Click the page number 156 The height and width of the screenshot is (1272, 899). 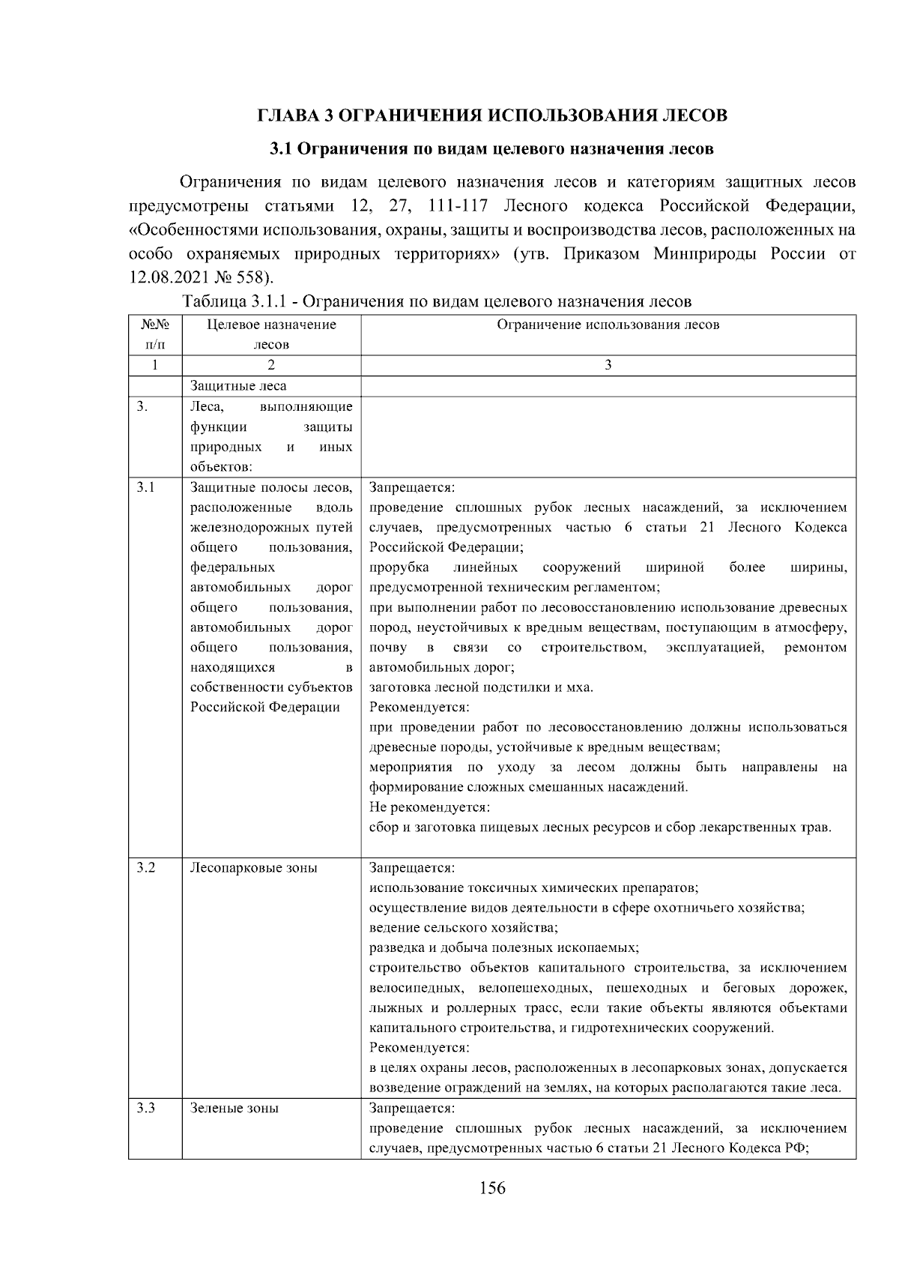pyautogui.click(x=492, y=1188)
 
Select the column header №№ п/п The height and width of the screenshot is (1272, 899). pyautogui.click(x=155, y=334)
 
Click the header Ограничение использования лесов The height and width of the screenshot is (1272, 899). pyautogui.click(x=608, y=325)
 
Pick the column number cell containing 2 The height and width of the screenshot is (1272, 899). pyautogui.click(x=270, y=365)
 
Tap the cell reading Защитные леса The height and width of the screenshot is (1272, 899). pyautogui.click(x=238, y=386)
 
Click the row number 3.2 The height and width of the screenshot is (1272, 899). pyautogui.click(x=145, y=868)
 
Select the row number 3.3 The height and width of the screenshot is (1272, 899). pyautogui.click(x=145, y=1108)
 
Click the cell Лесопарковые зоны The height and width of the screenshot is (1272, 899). pyautogui.click(x=253, y=868)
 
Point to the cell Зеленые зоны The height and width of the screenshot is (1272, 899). pyautogui.click(x=234, y=1108)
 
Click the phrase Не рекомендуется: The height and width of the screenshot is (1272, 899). pyautogui.click(x=429, y=807)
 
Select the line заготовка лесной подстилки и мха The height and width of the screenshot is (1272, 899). pyautogui.click(x=481, y=687)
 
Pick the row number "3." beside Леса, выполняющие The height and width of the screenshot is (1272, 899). pyautogui.click(x=142, y=407)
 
